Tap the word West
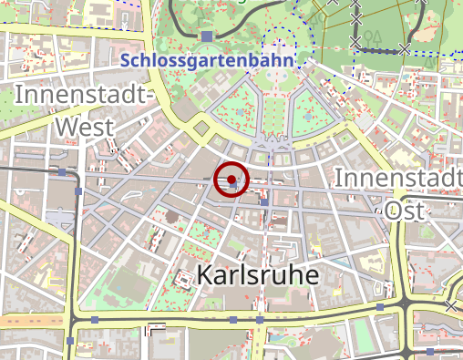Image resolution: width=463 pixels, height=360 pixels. pos(85,126)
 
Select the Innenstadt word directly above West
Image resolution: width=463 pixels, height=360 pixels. pos(81,95)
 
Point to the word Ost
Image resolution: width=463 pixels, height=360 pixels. pos(406,209)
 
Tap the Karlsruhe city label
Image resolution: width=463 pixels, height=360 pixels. pos(258,275)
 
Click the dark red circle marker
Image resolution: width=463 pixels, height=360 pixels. pos(231,180)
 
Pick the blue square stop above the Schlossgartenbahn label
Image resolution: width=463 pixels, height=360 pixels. pos(208,36)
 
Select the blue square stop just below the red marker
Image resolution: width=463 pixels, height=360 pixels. pos(263,202)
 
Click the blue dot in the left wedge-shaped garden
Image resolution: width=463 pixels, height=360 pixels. pos(240,112)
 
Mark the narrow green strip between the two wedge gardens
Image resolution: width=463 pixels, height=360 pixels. pos(274,114)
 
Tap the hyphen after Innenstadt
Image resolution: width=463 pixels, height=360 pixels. pos(150,95)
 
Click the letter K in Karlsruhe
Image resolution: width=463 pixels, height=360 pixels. pos(205,275)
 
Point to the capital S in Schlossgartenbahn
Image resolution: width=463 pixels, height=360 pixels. pos(126,61)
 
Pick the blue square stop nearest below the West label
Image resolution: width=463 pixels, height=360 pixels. pos(61,171)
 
